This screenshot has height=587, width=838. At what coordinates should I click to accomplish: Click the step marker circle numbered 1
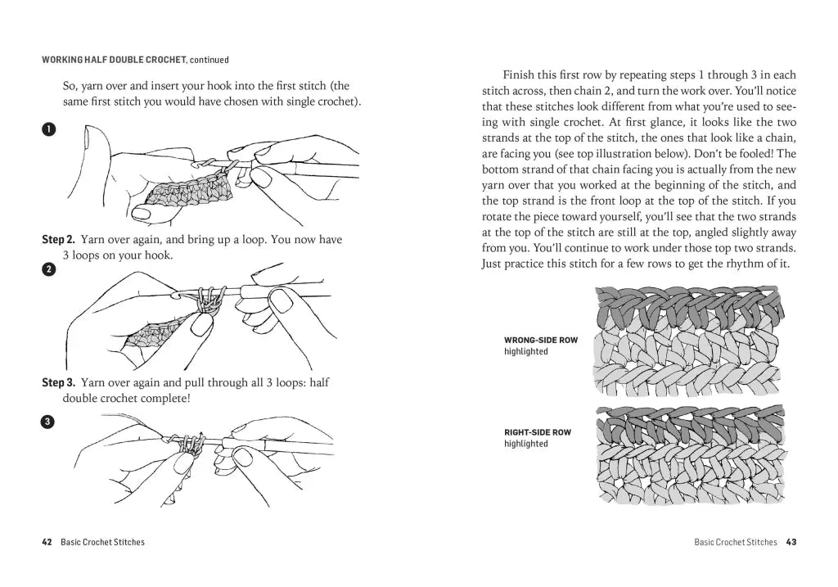coord(48,129)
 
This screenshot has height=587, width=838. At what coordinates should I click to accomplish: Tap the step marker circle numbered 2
coord(48,269)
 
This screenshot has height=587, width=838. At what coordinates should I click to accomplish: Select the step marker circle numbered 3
coord(48,422)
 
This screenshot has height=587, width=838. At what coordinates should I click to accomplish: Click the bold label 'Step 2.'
coord(58,239)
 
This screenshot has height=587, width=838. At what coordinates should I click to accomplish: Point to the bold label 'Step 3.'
coord(58,382)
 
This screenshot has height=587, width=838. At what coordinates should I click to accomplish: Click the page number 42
coord(47,542)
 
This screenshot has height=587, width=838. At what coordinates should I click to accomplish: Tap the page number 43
coord(791,542)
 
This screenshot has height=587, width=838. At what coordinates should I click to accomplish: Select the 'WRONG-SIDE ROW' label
coord(540,340)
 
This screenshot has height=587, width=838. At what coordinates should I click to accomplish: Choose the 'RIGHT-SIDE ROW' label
coord(538,432)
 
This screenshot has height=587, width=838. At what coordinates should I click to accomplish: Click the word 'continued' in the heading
coord(209,60)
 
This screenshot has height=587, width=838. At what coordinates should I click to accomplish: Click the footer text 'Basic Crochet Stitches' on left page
coord(102,542)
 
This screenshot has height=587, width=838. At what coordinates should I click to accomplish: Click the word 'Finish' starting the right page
coord(518,74)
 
